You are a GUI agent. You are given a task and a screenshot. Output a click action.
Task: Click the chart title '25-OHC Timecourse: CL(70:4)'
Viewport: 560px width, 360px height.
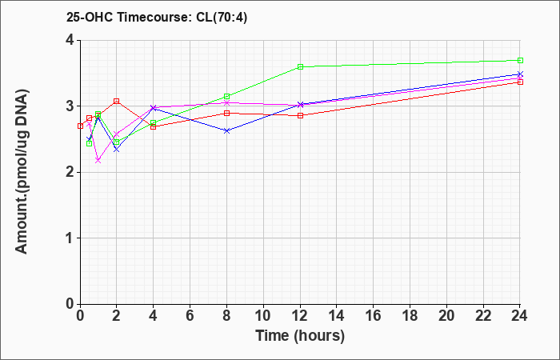pos(157,17)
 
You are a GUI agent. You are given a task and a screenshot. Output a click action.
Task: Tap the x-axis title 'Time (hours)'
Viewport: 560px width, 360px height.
pos(300,336)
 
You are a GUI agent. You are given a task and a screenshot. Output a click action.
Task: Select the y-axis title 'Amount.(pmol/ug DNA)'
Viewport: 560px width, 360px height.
pos(22,171)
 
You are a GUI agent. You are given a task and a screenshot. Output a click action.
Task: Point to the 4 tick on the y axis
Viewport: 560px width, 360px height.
pos(70,40)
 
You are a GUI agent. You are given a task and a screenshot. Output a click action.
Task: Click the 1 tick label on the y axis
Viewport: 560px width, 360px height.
pos(70,238)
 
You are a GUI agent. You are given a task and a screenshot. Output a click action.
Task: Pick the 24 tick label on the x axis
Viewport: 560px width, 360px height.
pos(519,316)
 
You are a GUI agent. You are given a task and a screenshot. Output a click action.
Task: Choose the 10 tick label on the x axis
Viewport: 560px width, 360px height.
pos(263,316)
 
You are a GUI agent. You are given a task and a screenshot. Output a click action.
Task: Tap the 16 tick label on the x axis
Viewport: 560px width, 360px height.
pos(373,316)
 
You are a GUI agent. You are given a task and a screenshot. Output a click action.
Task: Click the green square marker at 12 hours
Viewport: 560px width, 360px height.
pos(300,66)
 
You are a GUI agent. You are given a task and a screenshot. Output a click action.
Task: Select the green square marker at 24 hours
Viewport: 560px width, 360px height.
pos(520,60)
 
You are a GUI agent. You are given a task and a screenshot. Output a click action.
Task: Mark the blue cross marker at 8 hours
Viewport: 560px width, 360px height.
pos(226,131)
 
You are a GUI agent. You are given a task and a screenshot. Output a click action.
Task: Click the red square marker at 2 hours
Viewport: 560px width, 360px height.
pos(117,101)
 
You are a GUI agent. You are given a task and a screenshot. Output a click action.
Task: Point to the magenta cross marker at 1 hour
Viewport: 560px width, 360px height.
pos(98,161)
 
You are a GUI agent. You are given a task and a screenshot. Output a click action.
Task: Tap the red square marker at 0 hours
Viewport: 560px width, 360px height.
pos(80,126)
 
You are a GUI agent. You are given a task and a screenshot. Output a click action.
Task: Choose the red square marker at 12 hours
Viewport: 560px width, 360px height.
pos(300,115)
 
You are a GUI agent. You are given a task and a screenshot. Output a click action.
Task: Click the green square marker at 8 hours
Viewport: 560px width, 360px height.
pos(226,97)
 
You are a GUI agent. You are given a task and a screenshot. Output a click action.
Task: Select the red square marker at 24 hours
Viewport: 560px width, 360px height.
pos(520,82)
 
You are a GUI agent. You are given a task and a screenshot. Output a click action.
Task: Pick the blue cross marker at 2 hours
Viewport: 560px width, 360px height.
pos(117,150)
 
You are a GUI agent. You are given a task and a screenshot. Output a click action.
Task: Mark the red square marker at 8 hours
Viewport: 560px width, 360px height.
pos(226,114)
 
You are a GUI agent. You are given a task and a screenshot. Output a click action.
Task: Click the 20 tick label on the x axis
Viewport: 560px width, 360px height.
pos(446,316)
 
